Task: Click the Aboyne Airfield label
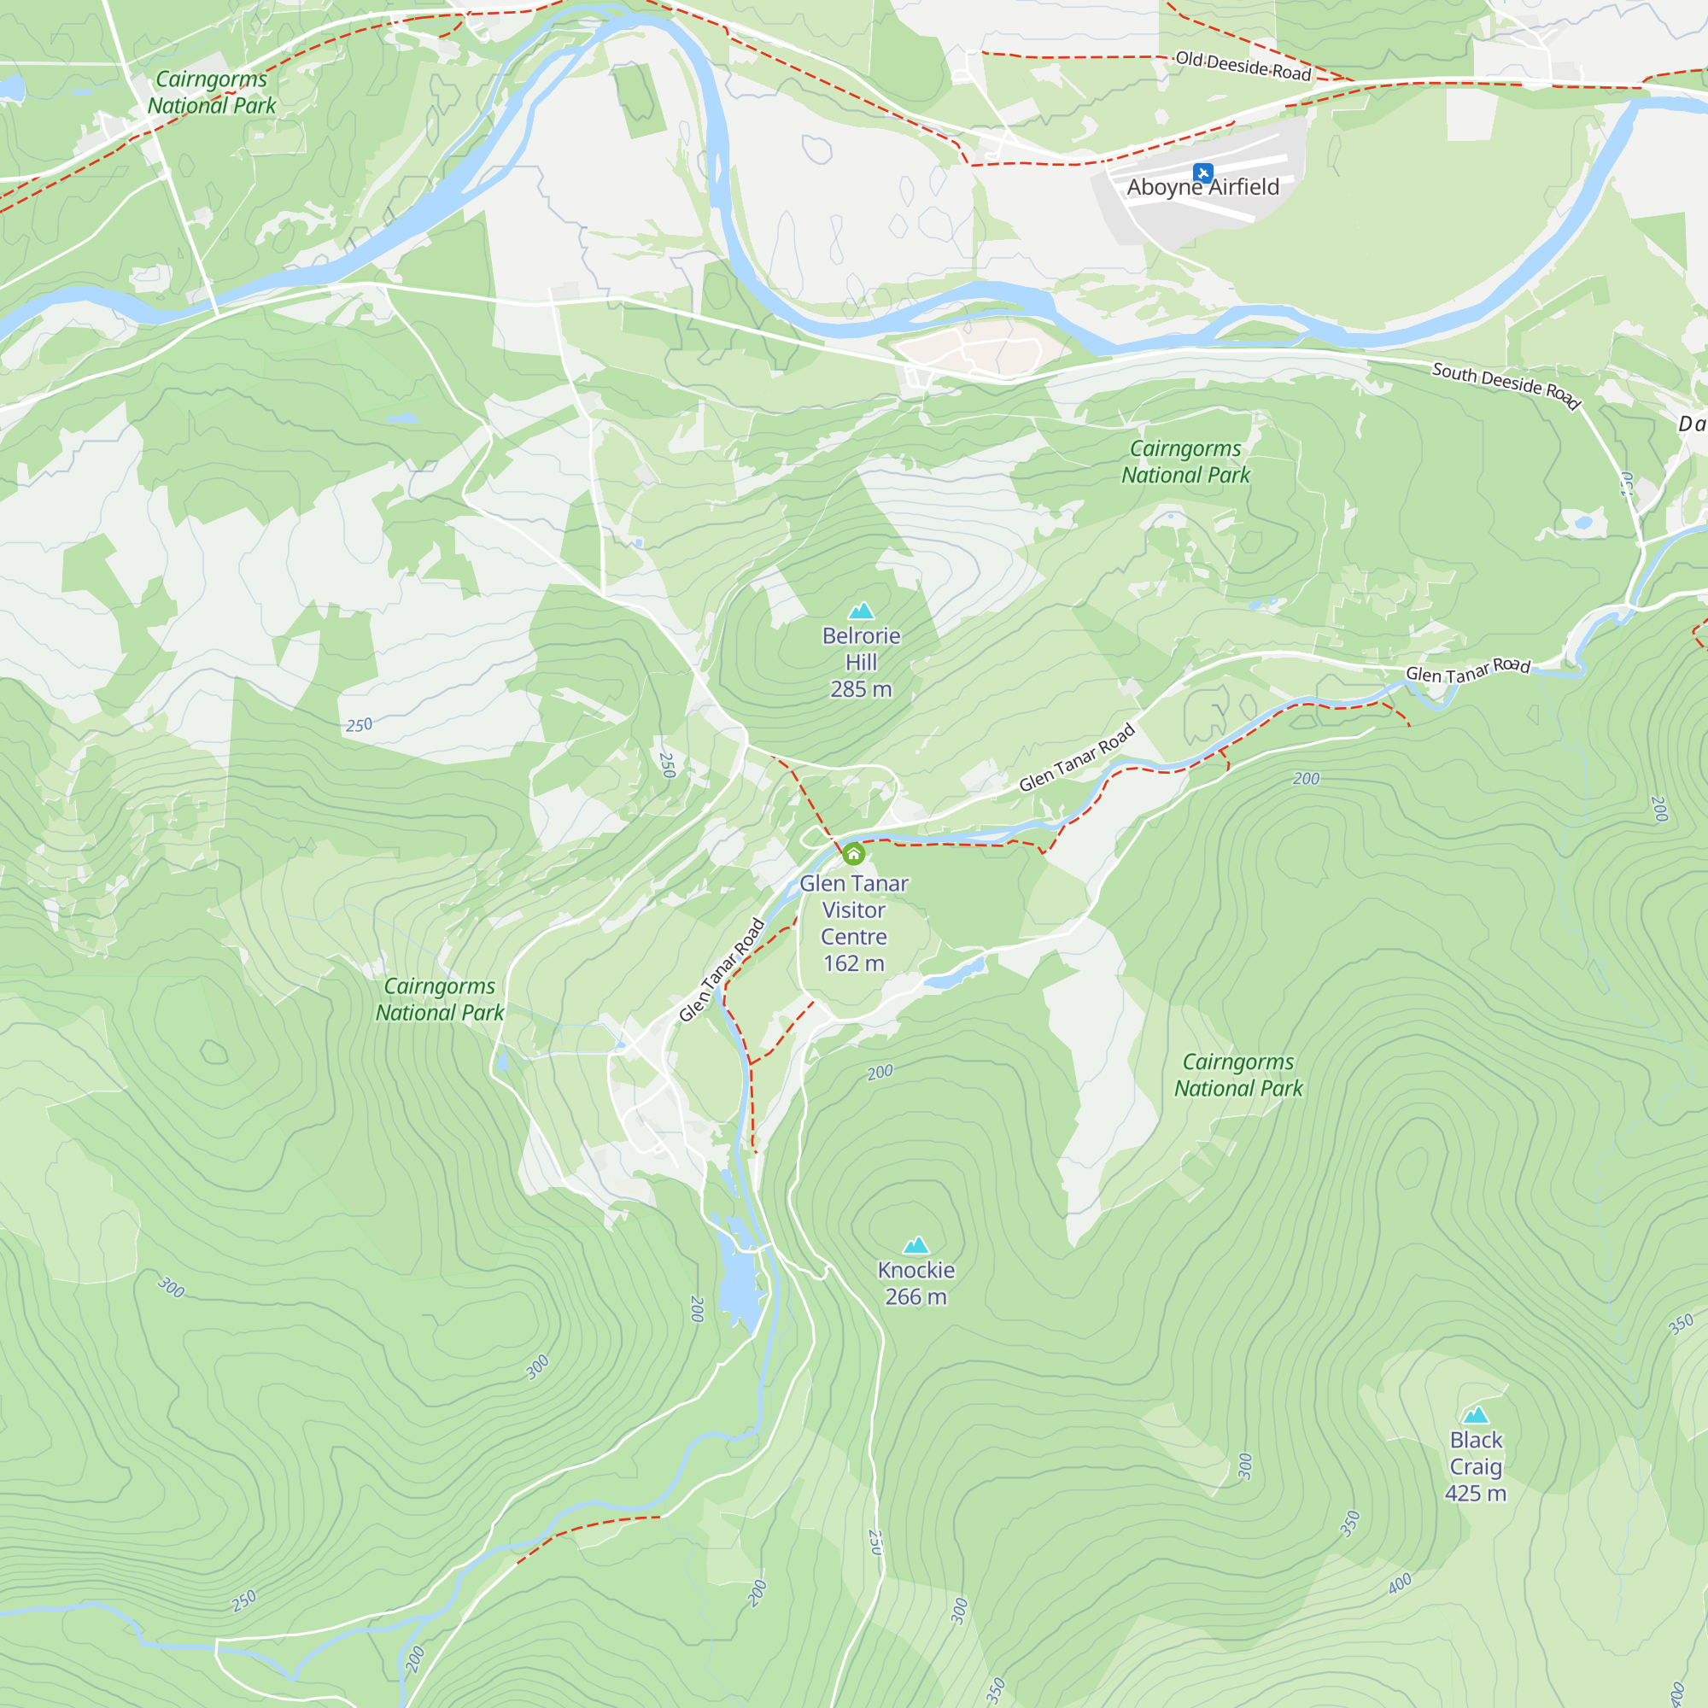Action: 1202,187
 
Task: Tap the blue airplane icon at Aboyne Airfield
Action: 1202,172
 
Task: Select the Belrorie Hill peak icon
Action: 861,611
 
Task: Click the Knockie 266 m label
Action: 915,1283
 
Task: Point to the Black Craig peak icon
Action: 1476,1415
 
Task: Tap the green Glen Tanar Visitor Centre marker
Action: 853,854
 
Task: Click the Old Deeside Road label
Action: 1243,67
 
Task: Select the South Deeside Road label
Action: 1506,384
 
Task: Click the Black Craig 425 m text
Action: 1476,1466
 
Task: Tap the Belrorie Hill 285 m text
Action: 861,662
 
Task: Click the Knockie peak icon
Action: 915,1246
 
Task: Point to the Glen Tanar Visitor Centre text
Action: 853,910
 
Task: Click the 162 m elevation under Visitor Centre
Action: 853,963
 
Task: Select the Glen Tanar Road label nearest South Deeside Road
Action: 1467,670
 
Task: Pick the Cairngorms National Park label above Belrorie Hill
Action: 1185,461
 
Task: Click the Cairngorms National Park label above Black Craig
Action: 1237,1075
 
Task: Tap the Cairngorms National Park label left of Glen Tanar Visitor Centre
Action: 439,999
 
